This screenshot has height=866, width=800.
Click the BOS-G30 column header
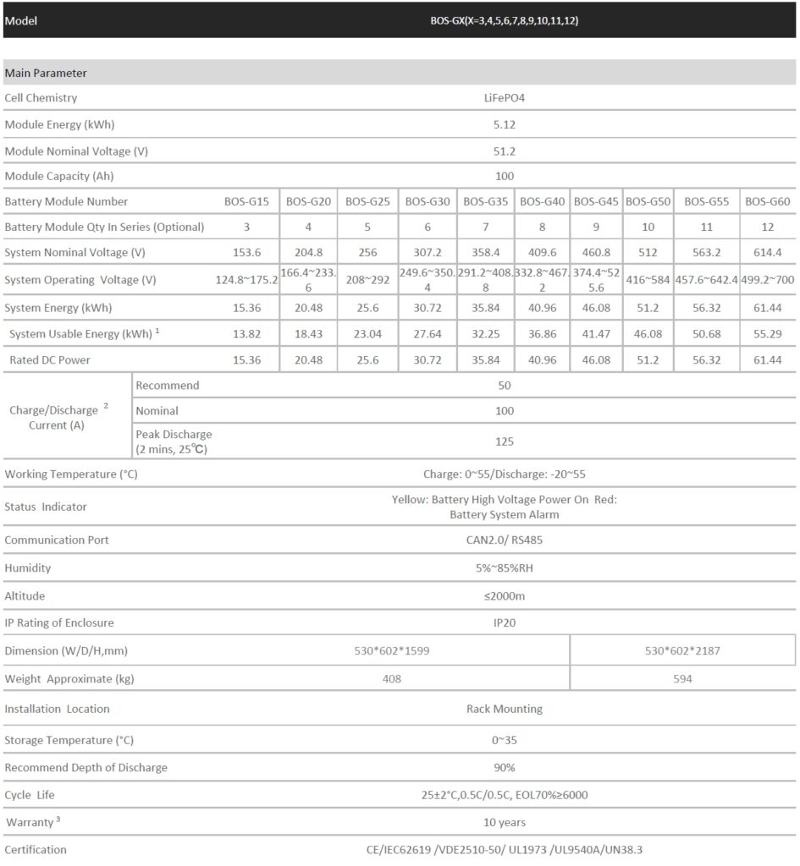coord(428,201)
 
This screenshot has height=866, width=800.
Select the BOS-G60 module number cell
coord(768,201)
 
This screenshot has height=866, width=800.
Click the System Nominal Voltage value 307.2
coord(428,253)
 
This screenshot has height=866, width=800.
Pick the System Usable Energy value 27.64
coord(428,334)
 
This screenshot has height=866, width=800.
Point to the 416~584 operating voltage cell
coord(648,280)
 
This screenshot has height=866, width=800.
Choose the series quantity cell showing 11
coord(707,227)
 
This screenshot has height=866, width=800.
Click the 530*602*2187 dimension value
coord(682,650)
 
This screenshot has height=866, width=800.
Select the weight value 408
coord(392,678)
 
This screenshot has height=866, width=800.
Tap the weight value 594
coord(682,678)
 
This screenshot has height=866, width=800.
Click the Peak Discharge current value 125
coord(505,441)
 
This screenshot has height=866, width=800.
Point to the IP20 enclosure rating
coord(505,623)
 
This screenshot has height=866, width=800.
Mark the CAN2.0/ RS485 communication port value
coord(505,540)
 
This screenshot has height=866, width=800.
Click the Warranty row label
coord(30,822)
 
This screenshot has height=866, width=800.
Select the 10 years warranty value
coord(505,822)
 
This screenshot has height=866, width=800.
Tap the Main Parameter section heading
coord(46,74)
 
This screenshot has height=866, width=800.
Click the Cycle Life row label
coord(30,795)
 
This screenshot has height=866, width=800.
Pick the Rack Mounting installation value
coord(505,709)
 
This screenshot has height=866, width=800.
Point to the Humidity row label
coord(28,567)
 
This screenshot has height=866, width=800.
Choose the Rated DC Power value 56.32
coord(707,360)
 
